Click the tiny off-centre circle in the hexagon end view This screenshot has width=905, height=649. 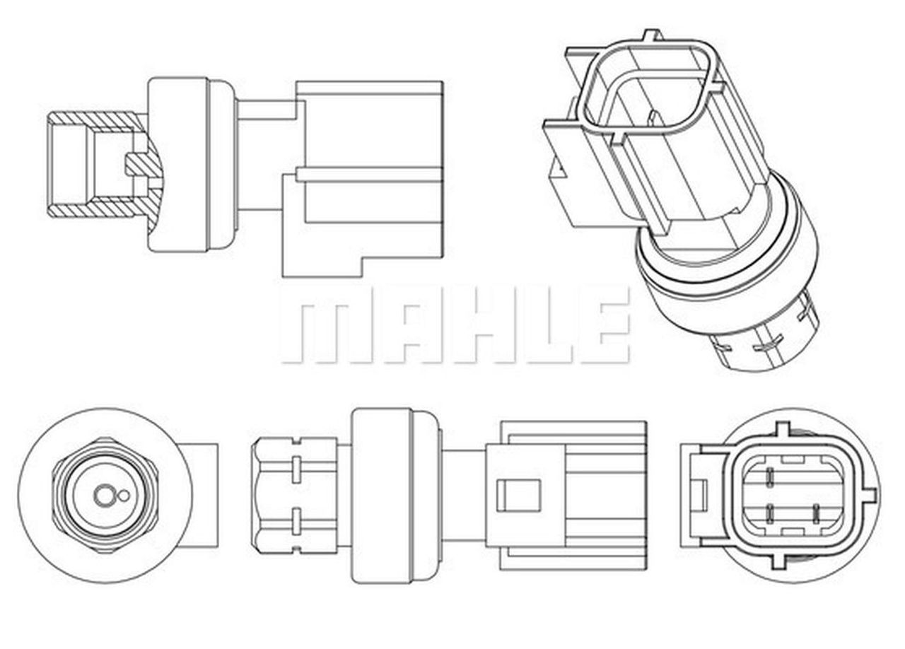click(x=124, y=496)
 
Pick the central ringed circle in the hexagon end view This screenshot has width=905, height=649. click(x=104, y=496)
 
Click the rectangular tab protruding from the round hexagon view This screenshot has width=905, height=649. click(x=204, y=495)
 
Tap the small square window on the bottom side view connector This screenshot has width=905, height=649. click(x=518, y=495)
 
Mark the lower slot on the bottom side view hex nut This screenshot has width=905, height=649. click(x=296, y=524)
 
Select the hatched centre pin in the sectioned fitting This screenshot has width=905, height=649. click(x=141, y=165)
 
